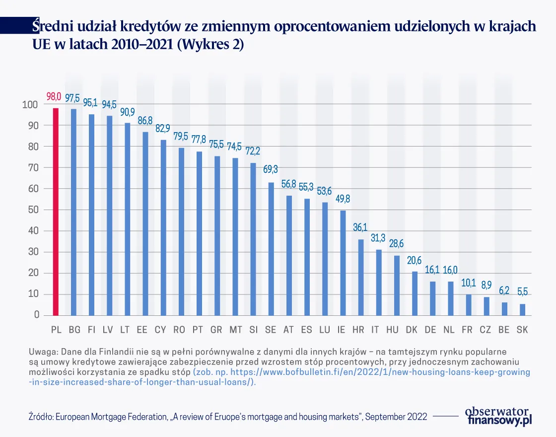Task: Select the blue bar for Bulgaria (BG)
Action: [x=73, y=212]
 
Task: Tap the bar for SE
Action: [x=271, y=248]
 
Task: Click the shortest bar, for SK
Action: [x=522, y=309]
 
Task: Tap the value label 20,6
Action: [x=415, y=260]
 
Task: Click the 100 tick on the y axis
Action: [x=30, y=105]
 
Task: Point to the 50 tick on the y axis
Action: [x=32, y=210]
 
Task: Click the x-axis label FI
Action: [x=92, y=330]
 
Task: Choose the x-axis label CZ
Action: [x=486, y=330]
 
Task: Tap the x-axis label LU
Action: [x=325, y=330]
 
